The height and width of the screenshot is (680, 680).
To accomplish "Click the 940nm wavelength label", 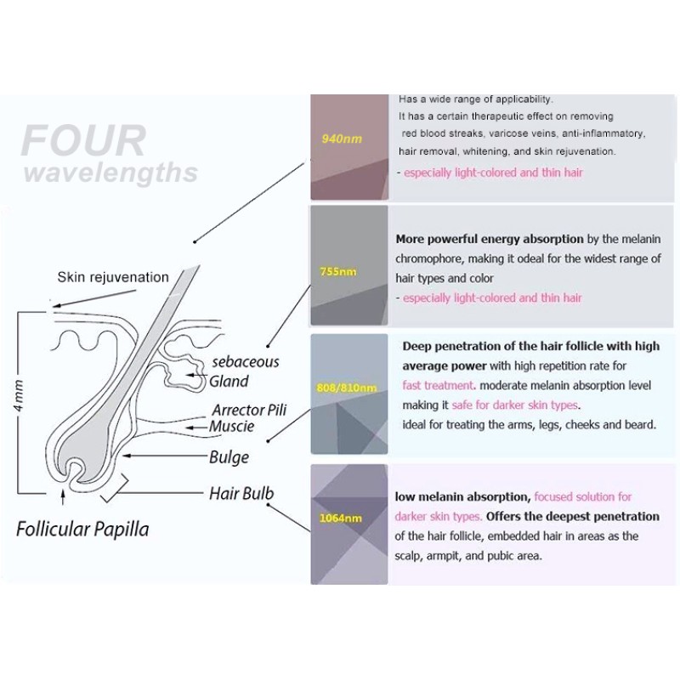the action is click(342, 139).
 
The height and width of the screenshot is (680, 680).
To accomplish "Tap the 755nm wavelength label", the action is click(338, 272).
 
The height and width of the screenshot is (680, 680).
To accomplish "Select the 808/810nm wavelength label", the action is click(347, 388).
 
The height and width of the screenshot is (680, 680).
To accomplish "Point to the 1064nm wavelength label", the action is click(341, 518).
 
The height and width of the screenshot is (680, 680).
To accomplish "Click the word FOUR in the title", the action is click(83, 140).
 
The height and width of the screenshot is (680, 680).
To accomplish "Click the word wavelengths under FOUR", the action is click(111, 173).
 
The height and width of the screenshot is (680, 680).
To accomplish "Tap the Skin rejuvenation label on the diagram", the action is click(113, 277).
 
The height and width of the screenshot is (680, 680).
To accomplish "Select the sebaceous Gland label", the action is click(244, 371).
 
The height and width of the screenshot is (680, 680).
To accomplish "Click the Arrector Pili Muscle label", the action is click(248, 417).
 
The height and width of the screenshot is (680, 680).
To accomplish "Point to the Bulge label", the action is click(229, 457).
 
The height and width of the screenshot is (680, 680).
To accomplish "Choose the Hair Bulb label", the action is click(241, 494).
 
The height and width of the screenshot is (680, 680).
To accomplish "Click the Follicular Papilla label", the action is click(82, 530).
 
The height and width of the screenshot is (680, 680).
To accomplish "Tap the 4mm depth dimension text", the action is click(18, 395).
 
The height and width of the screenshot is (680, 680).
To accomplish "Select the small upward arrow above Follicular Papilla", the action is click(63, 497).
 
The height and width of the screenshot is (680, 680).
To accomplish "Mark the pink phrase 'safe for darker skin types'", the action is click(515, 405).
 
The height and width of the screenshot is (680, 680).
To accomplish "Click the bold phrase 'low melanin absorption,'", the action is click(462, 497).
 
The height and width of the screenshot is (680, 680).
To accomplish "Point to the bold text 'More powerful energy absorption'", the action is click(490, 240).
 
